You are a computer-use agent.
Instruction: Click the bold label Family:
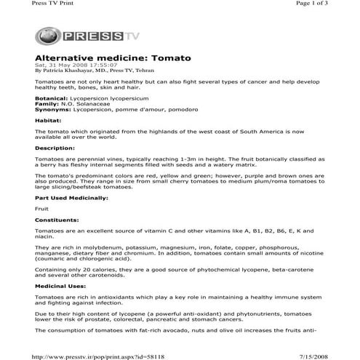tap(47, 103)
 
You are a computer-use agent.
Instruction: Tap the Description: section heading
tap(55, 148)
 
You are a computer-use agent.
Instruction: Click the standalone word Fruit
tap(42, 208)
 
